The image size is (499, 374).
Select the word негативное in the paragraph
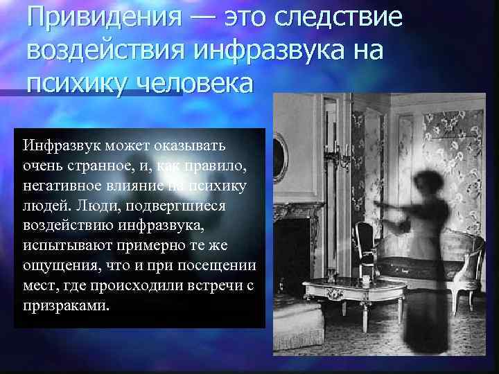point(62,186)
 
